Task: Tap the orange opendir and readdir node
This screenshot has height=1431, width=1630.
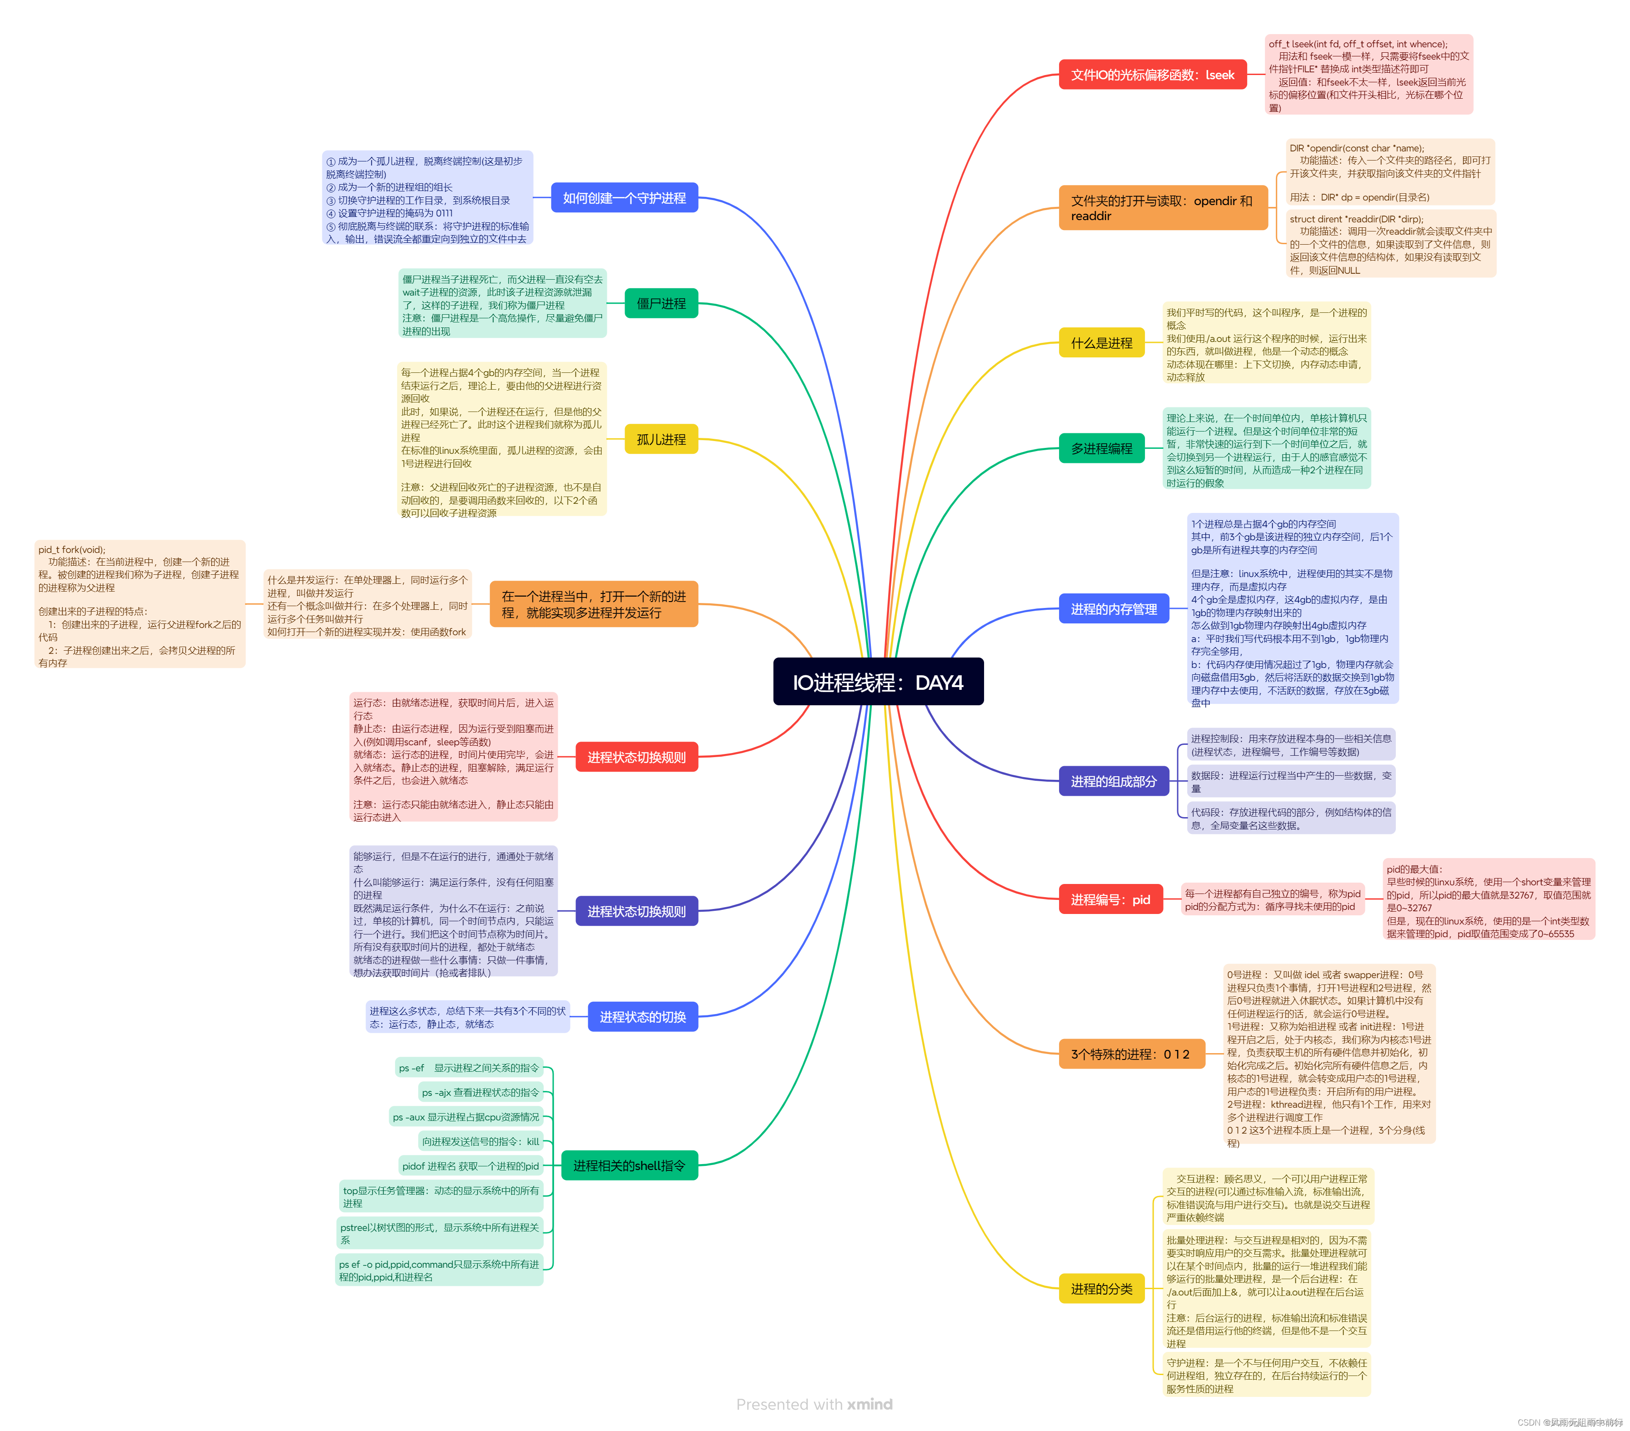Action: click(1162, 208)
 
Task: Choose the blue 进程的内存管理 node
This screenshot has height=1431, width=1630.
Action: click(1113, 609)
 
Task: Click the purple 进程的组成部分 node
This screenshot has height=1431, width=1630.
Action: click(1113, 782)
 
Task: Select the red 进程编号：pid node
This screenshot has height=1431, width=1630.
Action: click(1110, 900)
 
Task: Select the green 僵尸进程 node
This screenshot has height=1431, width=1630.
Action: click(660, 303)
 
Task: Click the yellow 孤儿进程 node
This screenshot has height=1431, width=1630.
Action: click(660, 440)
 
